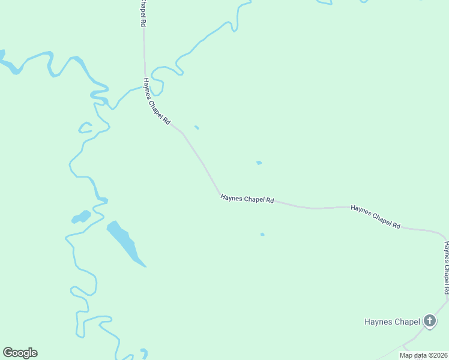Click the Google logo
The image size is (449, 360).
[20, 353]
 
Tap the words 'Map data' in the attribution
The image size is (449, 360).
[414, 355]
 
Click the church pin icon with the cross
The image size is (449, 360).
[430, 321]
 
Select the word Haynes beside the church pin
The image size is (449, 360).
[378, 322]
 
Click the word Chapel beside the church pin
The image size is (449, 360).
[407, 322]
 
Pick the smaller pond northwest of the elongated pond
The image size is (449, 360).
[81, 217]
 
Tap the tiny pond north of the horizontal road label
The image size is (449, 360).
[259, 163]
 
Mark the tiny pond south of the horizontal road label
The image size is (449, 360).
[262, 234]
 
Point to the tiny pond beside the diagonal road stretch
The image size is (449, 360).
[196, 127]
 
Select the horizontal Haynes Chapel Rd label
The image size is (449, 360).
[247, 199]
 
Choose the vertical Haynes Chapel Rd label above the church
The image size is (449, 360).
[446, 267]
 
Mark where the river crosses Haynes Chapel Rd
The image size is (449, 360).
[145, 86]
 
